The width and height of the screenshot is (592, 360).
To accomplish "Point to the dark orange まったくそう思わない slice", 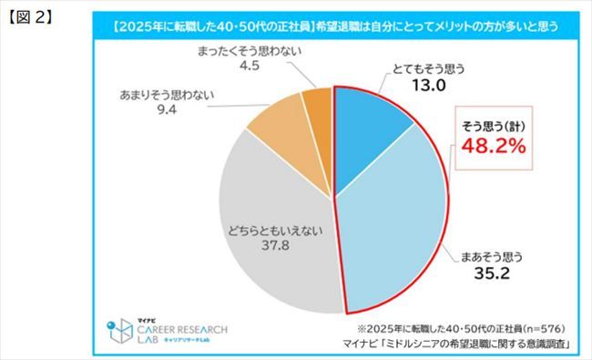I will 319,107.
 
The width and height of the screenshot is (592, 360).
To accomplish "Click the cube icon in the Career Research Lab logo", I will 118,329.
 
